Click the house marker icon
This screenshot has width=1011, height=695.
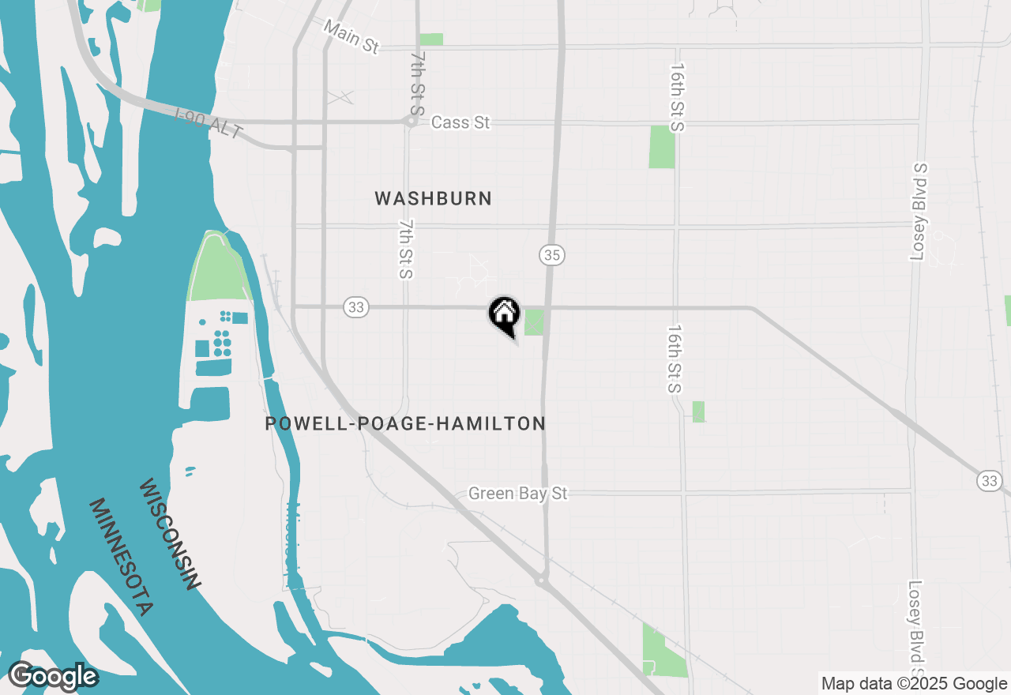tap(503, 314)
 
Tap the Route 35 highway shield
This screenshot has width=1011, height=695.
tap(552, 255)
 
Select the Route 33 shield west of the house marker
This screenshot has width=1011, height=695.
tap(356, 307)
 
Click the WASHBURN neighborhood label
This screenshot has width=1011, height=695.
tap(434, 198)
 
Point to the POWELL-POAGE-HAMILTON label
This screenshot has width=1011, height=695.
tap(405, 424)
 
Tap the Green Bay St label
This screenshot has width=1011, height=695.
tap(518, 494)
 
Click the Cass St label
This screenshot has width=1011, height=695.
tap(460, 122)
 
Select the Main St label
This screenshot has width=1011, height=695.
tap(351, 37)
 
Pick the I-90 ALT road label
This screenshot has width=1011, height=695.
tap(209, 124)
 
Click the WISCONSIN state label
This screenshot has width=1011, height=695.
tap(168, 534)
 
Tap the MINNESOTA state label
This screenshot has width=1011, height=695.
tap(120, 557)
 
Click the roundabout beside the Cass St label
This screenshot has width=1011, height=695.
tap(411, 122)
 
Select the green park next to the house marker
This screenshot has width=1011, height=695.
tap(534, 322)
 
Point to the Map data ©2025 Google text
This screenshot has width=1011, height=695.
tap(914, 684)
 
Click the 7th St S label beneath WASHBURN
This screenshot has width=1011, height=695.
tap(406, 250)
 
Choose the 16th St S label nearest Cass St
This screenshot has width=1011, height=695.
tap(677, 98)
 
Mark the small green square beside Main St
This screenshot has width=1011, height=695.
tap(431, 39)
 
